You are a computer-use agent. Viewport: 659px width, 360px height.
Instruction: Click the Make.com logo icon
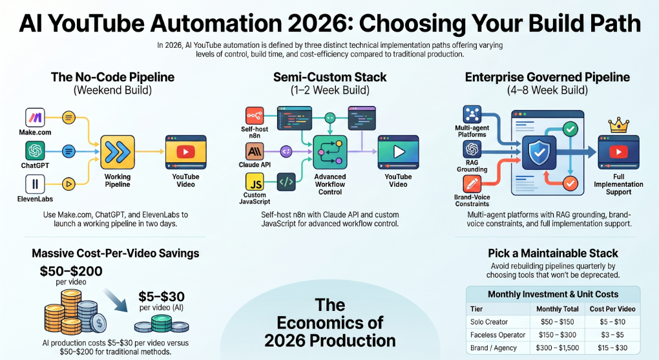35,118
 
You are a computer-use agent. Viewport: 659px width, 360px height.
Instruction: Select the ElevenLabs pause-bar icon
35,184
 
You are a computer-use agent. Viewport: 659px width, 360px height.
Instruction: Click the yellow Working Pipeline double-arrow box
118,153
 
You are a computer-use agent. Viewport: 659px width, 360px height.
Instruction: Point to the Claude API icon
255,151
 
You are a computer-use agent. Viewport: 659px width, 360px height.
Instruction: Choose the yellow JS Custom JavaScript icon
255,182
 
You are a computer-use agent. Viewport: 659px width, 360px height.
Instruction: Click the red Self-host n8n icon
255,116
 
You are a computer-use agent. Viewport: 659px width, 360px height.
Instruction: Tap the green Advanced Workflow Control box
330,153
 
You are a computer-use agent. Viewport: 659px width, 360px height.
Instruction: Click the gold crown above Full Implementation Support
619,125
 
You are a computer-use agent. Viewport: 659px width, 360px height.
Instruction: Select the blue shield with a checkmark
539,153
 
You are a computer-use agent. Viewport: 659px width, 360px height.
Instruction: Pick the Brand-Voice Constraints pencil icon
472,184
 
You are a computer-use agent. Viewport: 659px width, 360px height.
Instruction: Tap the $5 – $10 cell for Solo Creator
612,322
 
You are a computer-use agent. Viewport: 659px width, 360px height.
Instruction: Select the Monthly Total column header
558,309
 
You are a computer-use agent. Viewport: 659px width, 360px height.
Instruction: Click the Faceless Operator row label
497,335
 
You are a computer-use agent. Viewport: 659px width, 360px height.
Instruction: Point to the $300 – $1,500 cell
558,348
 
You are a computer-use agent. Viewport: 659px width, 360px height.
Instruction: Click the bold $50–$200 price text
71,271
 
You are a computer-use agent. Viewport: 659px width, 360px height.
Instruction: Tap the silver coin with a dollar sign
99,323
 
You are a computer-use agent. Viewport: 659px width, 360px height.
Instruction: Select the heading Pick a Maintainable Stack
553,253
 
